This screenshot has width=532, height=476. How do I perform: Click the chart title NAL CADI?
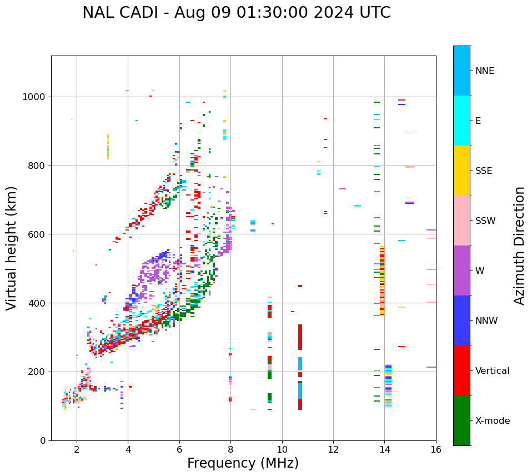tap(236, 13)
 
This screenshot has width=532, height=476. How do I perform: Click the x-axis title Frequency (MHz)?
tap(243, 463)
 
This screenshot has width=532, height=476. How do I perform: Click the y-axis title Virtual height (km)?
tap(12, 248)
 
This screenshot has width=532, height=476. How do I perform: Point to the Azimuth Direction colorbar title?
tap(519, 245)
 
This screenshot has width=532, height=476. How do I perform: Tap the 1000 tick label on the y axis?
tap(34, 97)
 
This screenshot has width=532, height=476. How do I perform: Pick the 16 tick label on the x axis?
tap(436, 449)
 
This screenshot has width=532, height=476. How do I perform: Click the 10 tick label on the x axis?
tap(282, 449)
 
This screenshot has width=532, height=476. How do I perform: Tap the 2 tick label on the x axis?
tap(77, 449)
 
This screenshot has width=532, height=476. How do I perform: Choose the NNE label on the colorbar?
tap(484, 71)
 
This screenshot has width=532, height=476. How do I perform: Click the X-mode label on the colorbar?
tap(492, 421)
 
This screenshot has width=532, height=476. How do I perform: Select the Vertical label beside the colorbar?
tap(492, 371)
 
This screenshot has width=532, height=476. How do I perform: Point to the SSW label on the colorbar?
tap(485, 221)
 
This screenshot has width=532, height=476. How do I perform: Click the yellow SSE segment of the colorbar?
tap(461, 171)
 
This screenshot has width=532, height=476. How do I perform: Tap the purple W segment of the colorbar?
tap(461, 270)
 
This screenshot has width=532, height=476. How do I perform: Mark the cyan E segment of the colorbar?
tap(461, 121)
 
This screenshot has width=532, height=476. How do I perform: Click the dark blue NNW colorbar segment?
tap(461, 320)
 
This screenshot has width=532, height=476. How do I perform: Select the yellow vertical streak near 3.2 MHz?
tap(108, 146)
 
